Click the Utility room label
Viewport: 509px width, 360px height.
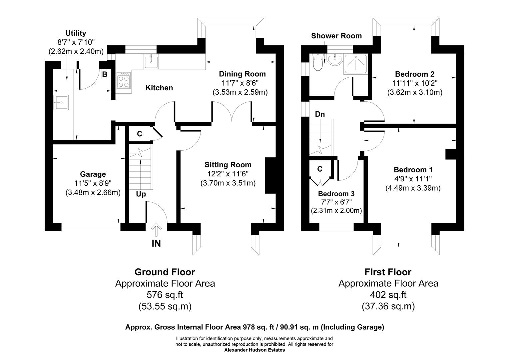[x=76, y=33]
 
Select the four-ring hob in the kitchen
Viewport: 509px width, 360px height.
[x=124, y=80]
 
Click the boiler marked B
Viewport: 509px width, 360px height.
[x=105, y=74]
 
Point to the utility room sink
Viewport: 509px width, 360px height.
[x=61, y=102]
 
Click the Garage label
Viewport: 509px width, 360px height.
[x=93, y=174]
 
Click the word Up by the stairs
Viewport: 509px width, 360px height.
[x=141, y=194]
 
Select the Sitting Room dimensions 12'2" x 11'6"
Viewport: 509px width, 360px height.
[x=228, y=174]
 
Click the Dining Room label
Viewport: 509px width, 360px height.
[x=242, y=74]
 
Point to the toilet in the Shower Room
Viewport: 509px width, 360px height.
[x=318, y=62]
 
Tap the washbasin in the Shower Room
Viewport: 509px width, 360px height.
[x=334, y=60]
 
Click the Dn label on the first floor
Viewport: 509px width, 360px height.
[x=320, y=114]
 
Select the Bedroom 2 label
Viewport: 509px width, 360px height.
[x=414, y=74]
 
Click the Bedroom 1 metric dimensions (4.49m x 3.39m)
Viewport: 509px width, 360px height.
[x=413, y=188]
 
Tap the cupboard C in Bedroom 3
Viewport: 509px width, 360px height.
[x=320, y=169]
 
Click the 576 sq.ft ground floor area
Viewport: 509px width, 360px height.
[x=165, y=295]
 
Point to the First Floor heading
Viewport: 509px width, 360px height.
[x=388, y=272]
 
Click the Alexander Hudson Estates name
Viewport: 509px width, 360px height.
[x=254, y=350]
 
